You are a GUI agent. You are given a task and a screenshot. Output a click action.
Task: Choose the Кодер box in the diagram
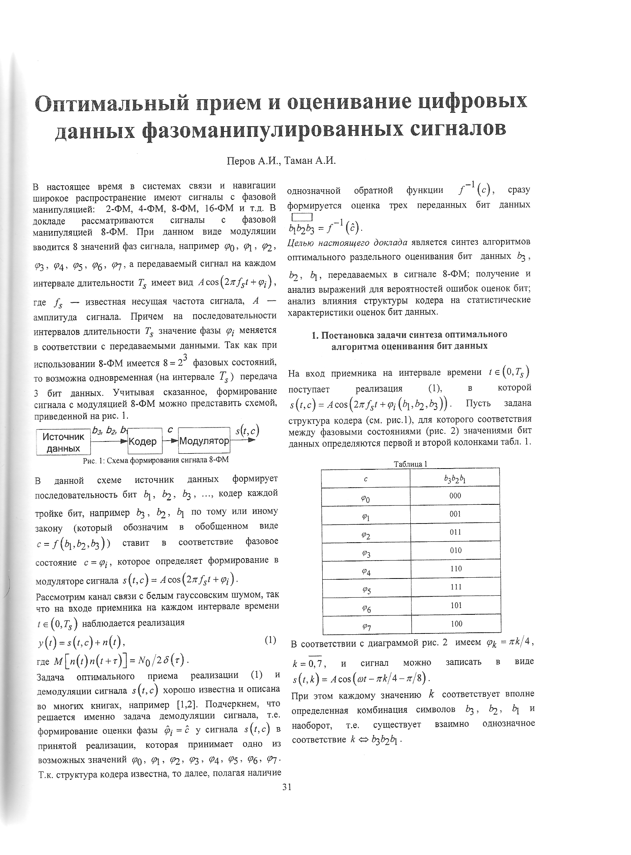click(145, 441)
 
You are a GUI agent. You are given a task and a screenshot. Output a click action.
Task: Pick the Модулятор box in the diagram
click(204, 441)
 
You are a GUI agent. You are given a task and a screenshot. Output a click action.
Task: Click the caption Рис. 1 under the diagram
click(155, 460)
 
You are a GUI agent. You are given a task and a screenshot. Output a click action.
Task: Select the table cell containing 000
click(455, 496)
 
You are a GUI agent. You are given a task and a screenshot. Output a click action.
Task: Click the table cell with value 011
click(455, 532)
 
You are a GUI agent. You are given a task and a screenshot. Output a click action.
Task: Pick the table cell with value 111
click(455, 587)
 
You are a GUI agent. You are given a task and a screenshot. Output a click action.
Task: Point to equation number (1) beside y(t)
click(270, 640)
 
